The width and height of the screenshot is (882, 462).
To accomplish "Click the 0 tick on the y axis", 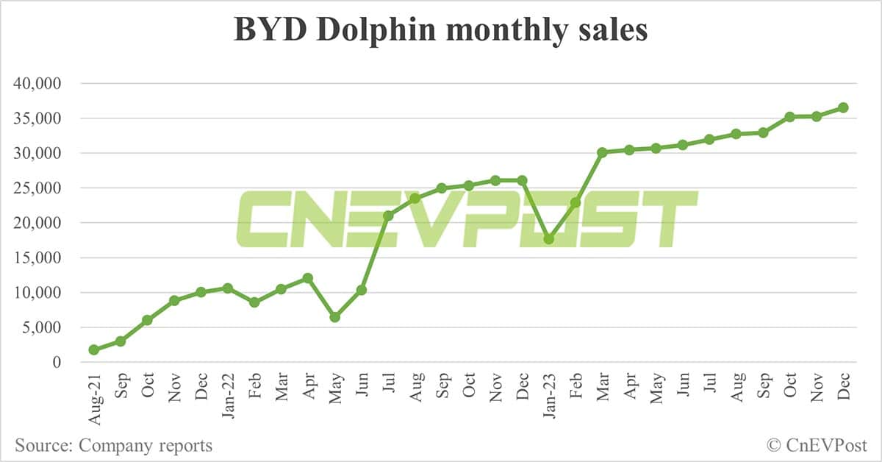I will click(x=57, y=363).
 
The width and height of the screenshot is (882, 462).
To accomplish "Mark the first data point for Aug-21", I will click(x=93, y=350).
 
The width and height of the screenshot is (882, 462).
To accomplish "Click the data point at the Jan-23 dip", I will click(x=548, y=239).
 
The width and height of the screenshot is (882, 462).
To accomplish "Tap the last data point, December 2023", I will click(x=843, y=107).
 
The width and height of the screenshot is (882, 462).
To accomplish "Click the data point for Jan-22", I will click(x=228, y=288).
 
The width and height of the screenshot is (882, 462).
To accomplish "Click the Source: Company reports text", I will click(x=113, y=445).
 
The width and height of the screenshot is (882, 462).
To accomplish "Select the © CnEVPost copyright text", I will click(x=816, y=445).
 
